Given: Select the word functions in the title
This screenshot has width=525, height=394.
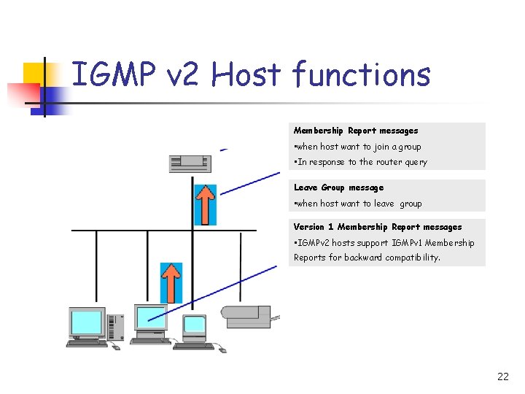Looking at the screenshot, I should (x=361, y=75).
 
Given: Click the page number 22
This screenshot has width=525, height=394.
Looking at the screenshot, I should (x=502, y=376).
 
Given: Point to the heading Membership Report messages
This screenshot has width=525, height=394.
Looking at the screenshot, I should (x=356, y=131).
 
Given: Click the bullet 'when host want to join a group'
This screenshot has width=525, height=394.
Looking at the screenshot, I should (x=357, y=147).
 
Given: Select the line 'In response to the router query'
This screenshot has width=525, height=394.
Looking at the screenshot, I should (x=360, y=162).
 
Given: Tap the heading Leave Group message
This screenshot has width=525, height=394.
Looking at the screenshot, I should (x=338, y=188).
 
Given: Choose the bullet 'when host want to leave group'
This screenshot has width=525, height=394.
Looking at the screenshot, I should (x=357, y=204).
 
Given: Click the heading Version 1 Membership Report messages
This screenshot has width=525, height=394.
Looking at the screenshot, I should (x=378, y=227).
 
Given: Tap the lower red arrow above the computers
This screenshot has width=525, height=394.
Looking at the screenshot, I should (x=171, y=282).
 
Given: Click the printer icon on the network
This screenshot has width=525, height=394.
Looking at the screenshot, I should (x=248, y=317).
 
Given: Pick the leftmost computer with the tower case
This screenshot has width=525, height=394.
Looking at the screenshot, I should (x=93, y=328).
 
